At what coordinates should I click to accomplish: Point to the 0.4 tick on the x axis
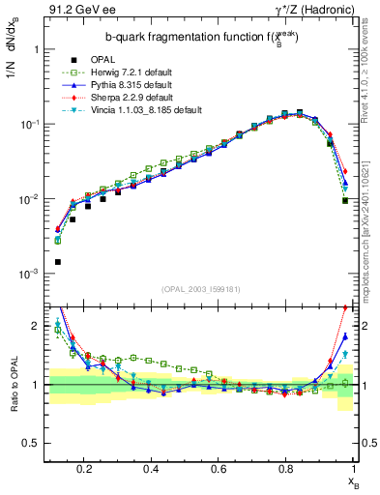point(151,469)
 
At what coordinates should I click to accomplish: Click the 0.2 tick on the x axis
point(84,469)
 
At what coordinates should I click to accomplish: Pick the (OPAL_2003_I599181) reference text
point(202,287)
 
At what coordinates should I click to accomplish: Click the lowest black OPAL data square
point(57,262)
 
